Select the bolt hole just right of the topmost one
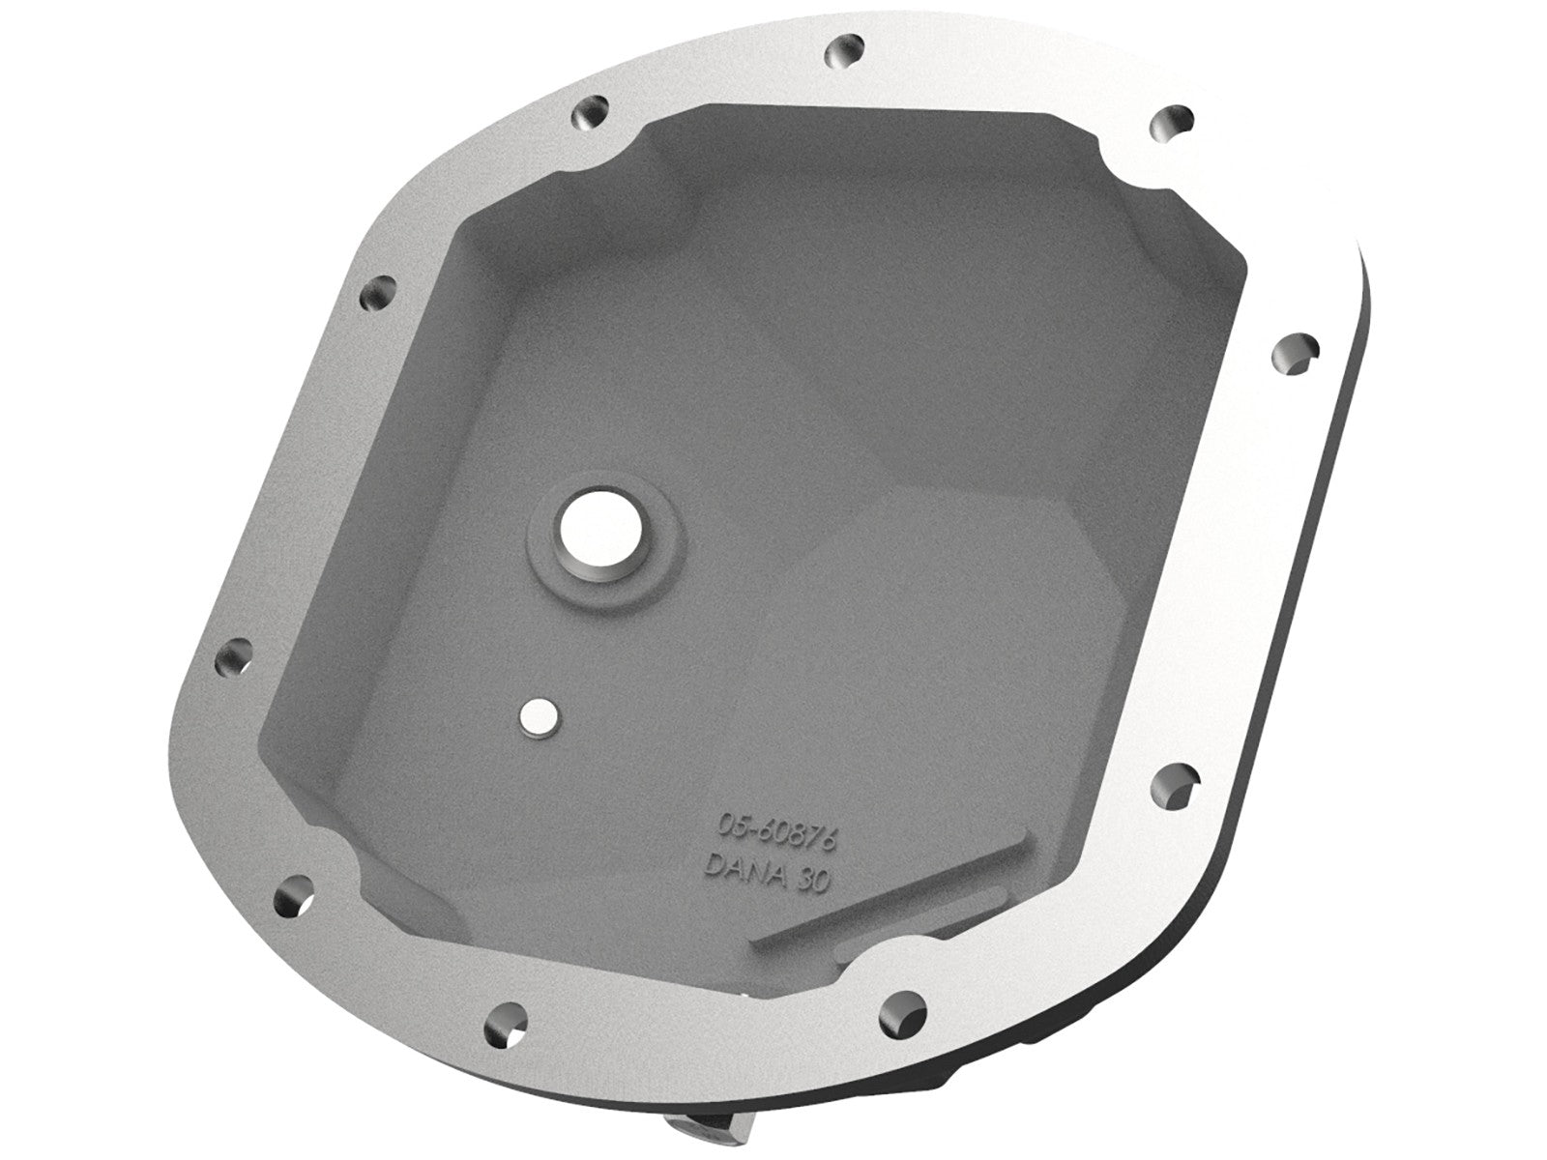pos(1167,123)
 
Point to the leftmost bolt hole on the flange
pos(233,660)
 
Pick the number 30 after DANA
pos(812,884)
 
